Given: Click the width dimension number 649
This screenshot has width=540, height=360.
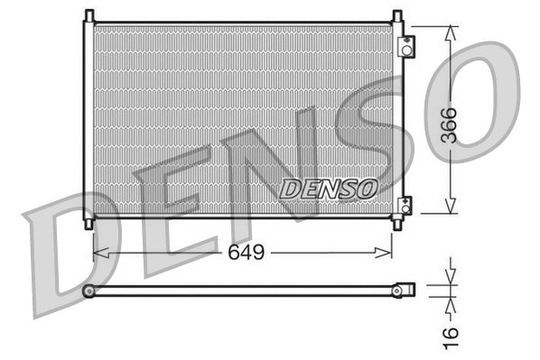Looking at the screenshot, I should click(x=245, y=253).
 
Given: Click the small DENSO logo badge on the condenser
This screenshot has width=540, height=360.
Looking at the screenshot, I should click(x=328, y=189).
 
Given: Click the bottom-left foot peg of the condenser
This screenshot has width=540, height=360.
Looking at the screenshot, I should click(x=88, y=221).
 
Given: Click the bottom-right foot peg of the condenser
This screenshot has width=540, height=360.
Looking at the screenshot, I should click(x=396, y=221).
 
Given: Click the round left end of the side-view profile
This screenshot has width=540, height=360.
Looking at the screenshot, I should click(x=88, y=291).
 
